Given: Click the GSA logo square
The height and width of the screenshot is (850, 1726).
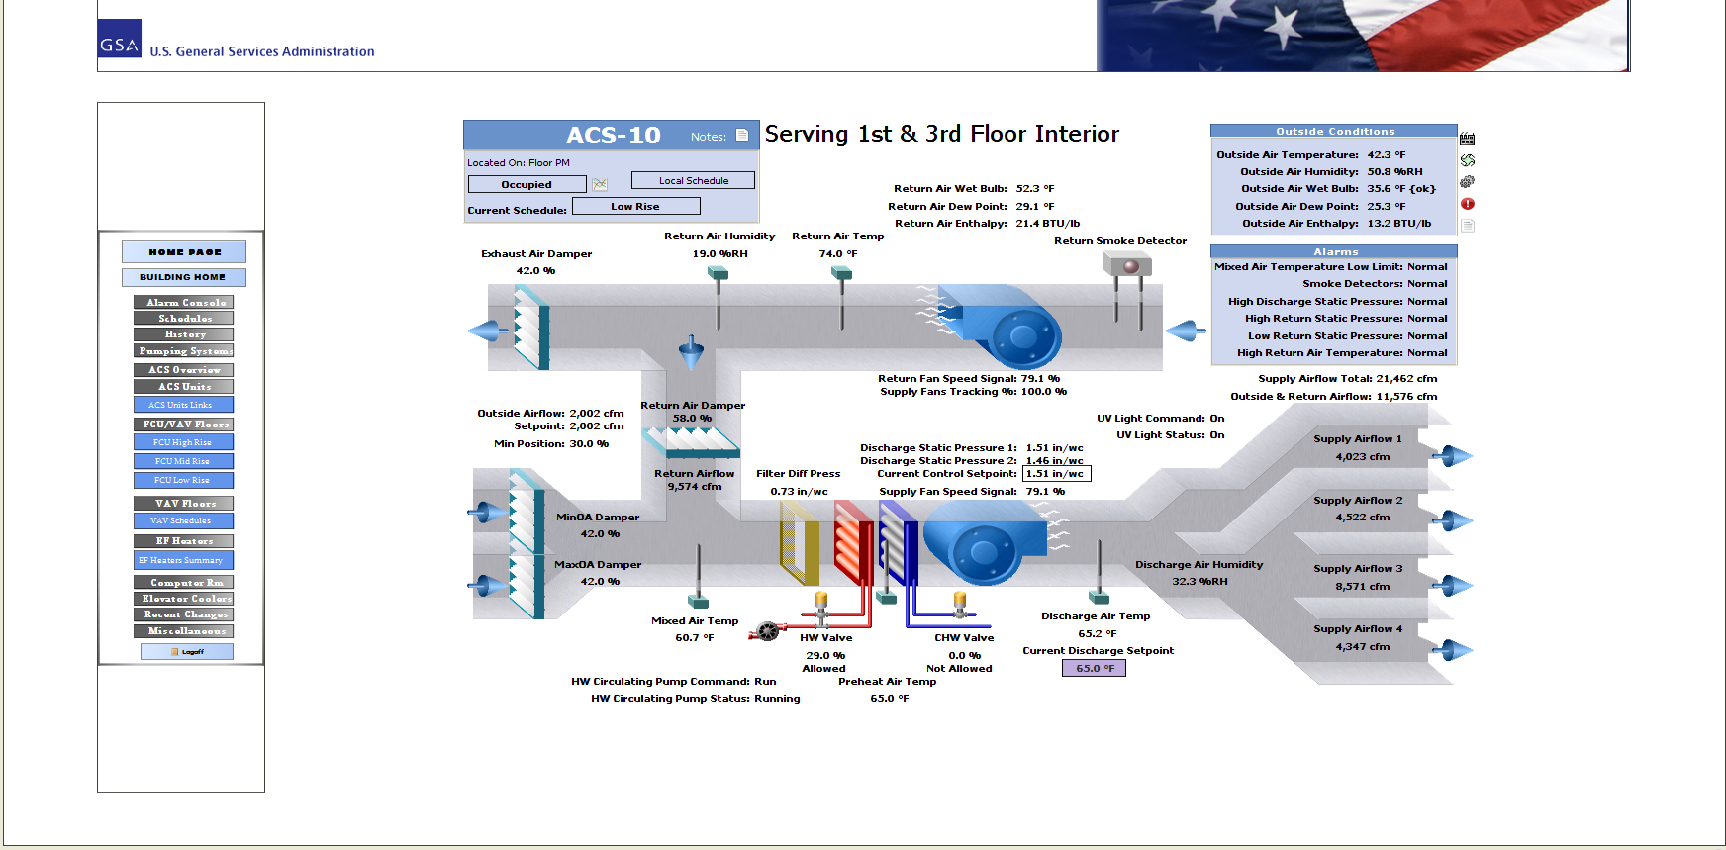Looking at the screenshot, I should pyautogui.click(x=120, y=40).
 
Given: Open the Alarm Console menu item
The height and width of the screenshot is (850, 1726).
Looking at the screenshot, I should pyautogui.click(x=184, y=302).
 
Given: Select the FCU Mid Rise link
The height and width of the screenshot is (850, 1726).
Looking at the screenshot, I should pyautogui.click(x=183, y=461).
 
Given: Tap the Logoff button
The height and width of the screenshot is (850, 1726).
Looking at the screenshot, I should pyautogui.click(x=187, y=651).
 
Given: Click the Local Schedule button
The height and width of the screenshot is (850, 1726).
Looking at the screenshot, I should pyautogui.click(x=693, y=180).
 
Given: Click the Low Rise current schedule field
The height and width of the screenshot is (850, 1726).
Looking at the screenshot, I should pyautogui.click(x=635, y=206).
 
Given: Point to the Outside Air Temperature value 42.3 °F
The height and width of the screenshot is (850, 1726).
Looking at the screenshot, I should pyautogui.click(x=1386, y=154).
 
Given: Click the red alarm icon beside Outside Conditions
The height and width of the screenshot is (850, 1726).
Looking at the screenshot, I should pyautogui.click(x=1468, y=204).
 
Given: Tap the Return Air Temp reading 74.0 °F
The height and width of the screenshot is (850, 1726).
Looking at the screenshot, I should pyautogui.click(x=837, y=253).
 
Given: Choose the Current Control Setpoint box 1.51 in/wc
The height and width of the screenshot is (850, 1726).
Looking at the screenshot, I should pyautogui.click(x=1056, y=474).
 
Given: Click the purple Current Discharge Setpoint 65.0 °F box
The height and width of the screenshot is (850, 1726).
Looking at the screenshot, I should pyautogui.click(x=1094, y=668).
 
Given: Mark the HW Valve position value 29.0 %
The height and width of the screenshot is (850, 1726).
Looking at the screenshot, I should pyautogui.click(x=825, y=655).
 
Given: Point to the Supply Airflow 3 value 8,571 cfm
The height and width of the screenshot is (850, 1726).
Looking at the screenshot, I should pyautogui.click(x=1362, y=586).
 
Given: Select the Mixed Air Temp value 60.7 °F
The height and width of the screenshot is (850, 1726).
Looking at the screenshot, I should pyautogui.click(x=694, y=637).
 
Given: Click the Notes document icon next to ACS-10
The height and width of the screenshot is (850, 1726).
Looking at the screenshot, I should pyautogui.click(x=742, y=136).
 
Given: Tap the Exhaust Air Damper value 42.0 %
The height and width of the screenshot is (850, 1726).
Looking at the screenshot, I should pyautogui.click(x=535, y=270).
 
